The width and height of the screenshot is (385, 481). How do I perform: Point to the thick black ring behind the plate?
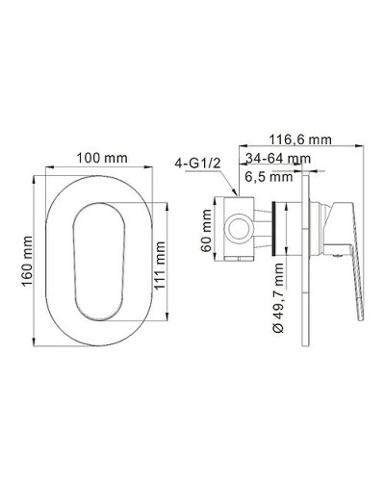281,231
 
